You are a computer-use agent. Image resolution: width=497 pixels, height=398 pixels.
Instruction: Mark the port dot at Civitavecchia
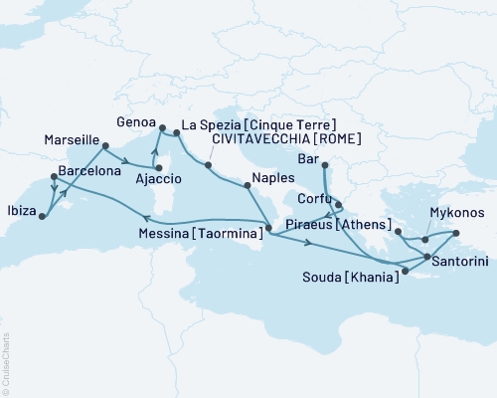(207, 164)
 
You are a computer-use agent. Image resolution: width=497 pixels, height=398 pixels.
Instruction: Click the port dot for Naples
(246, 184)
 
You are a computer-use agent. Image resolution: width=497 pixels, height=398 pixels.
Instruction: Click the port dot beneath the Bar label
(325, 166)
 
